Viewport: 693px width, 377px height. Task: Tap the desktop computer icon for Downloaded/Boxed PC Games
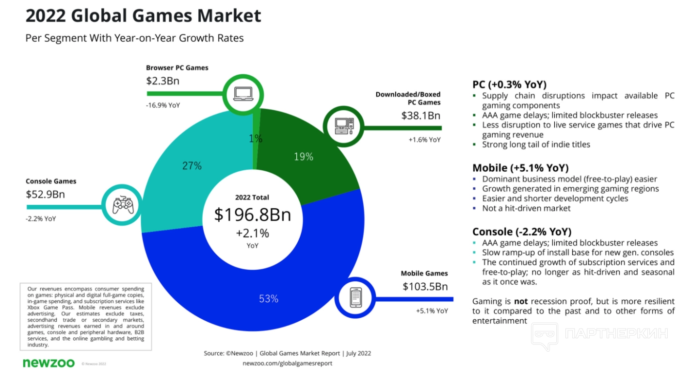pos(344,127)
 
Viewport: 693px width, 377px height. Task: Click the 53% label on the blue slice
pos(269,299)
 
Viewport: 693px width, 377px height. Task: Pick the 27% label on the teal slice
pos(192,166)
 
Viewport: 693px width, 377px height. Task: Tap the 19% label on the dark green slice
pos(304,156)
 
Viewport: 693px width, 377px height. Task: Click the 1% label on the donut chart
pos(256,139)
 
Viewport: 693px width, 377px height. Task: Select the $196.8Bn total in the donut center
pos(252,214)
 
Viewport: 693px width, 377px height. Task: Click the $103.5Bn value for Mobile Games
pos(425,286)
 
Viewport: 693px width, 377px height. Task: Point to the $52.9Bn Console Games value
pos(45,195)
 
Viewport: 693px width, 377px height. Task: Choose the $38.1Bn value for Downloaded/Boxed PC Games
pos(420,115)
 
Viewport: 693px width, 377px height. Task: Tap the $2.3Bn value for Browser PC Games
pos(163,81)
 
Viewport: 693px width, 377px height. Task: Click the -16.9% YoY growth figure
pos(163,105)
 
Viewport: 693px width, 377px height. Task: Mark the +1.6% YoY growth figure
pos(425,140)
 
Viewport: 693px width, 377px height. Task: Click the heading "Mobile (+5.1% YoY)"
pos(520,168)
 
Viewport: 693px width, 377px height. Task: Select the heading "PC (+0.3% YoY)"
pos(509,83)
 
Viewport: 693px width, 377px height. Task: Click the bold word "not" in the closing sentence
pos(520,301)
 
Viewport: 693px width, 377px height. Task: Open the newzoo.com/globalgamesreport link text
pos(287,363)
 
